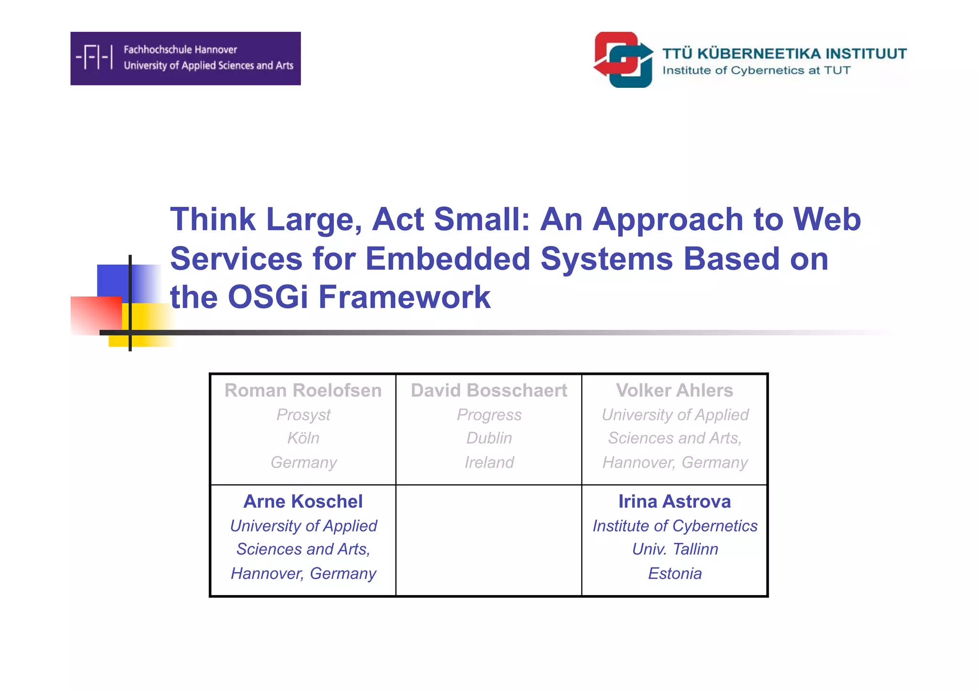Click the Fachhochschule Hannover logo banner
tap(185, 58)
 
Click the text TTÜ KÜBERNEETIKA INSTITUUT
tap(784, 53)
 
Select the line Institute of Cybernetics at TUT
tap(756, 71)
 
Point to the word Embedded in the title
tap(447, 258)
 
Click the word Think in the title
tap(213, 219)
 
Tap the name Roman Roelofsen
tap(303, 391)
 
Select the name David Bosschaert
tap(489, 391)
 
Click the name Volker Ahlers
tap(674, 391)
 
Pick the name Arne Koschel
tap(303, 501)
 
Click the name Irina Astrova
tap(674, 501)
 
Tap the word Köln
tap(303, 438)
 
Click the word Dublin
tap(489, 438)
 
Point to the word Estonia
tap(674, 573)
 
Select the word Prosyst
tap(303, 415)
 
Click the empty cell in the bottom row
tap(489, 541)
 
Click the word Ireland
tap(489, 462)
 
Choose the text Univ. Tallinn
tap(674, 549)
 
